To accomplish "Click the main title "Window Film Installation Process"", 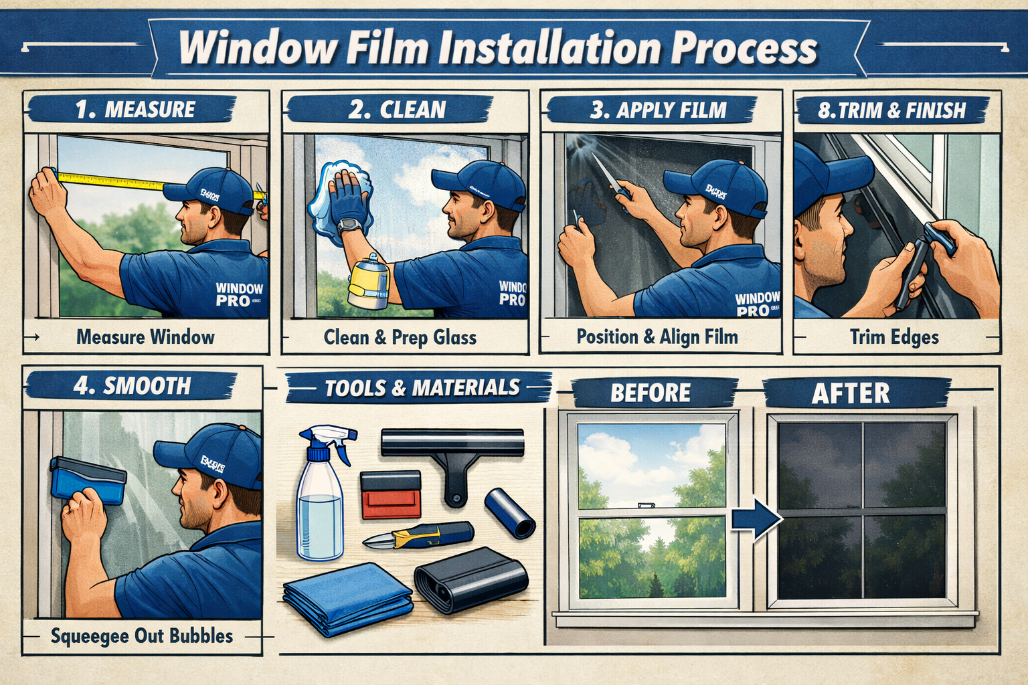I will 499,48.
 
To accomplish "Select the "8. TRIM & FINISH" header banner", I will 891,110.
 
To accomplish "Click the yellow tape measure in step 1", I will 110,179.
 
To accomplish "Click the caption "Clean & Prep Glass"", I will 400,337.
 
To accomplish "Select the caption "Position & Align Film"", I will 657,336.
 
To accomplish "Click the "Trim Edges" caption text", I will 894,337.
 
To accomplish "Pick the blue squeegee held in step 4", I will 88,480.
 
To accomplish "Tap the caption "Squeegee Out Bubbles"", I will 142,635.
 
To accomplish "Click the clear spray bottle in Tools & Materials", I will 320,498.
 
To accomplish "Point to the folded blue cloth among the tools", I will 347,597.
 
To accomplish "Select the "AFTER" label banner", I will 851,393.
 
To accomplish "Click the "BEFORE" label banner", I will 650,393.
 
